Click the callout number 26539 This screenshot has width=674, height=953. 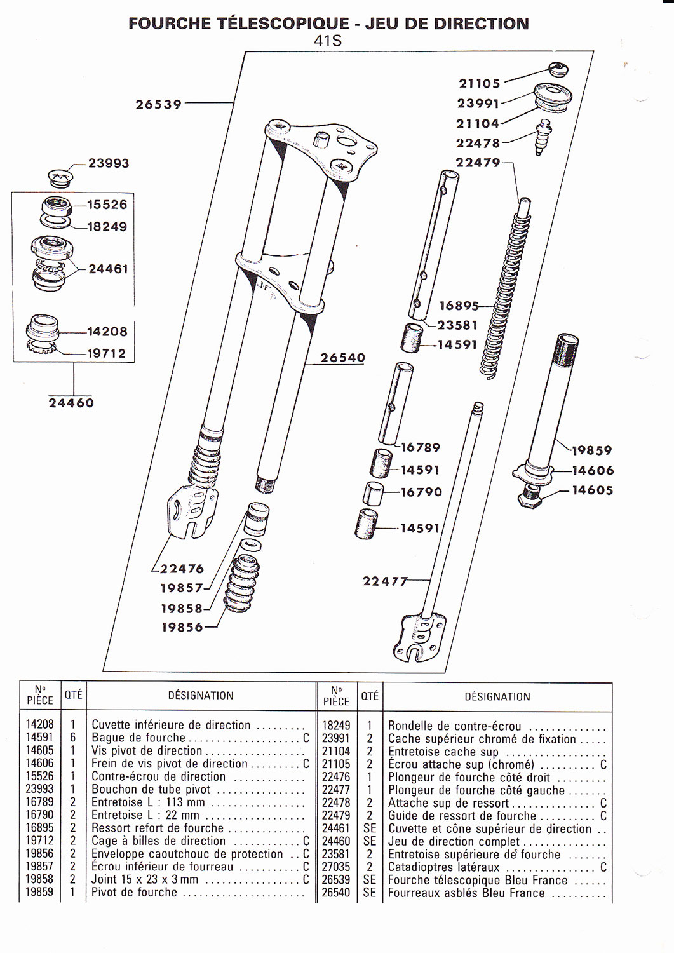click(159, 104)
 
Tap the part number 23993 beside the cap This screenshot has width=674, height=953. click(109, 163)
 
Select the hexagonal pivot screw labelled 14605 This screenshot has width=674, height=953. click(530, 495)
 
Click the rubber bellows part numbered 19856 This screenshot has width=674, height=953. click(241, 584)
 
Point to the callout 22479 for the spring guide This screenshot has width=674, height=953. click(478, 163)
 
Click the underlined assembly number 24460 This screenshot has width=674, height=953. click(71, 402)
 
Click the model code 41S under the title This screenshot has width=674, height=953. click(328, 41)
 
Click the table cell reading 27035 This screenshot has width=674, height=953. click(335, 867)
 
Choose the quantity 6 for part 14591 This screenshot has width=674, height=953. click(73, 737)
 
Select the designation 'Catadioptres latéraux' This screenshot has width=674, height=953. click(444, 867)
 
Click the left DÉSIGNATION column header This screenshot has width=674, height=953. click(201, 696)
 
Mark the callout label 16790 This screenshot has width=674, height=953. click(421, 492)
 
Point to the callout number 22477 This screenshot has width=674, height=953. click(385, 581)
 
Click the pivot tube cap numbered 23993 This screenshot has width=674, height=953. click(60, 177)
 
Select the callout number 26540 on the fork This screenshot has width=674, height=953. click(342, 358)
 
